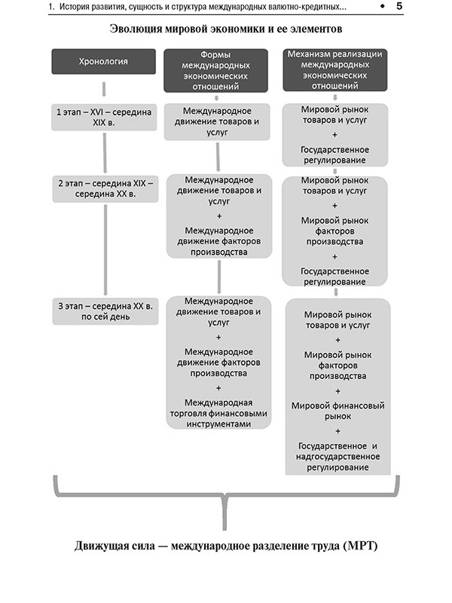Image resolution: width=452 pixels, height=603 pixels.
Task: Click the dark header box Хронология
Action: point(104,61)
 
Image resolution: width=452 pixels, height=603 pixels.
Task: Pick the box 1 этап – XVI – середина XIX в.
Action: point(104,117)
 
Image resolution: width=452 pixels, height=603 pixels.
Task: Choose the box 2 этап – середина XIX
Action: point(104,188)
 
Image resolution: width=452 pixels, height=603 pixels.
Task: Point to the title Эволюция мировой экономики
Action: point(226,29)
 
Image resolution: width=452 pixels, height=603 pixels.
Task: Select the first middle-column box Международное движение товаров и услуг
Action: point(217,121)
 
